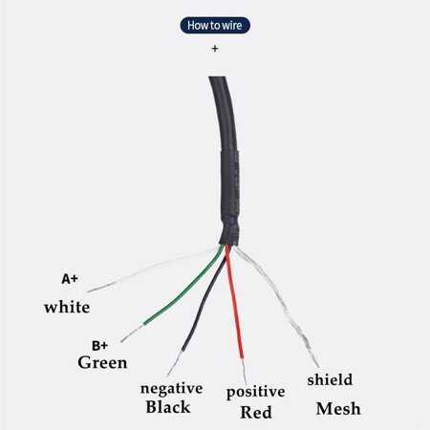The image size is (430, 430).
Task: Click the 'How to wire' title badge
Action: (x=215, y=25)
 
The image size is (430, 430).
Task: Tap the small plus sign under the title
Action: (x=215, y=49)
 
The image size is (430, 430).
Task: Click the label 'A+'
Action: (x=70, y=279)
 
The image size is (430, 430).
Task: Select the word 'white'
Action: (x=67, y=308)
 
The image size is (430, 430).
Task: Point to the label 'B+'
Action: (x=99, y=346)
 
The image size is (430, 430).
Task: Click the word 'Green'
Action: (x=102, y=362)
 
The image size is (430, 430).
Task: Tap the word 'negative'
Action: (x=172, y=389)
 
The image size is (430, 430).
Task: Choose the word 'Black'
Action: (x=168, y=407)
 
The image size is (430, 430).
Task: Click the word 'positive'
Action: (x=255, y=392)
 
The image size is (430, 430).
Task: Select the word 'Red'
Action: (x=256, y=413)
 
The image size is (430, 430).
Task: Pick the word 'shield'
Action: (x=330, y=379)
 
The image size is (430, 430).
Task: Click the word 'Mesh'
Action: (x=338, y=409)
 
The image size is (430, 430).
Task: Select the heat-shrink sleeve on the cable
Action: (x=230, y=198)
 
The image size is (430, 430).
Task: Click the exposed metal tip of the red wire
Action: (x=244, y=371)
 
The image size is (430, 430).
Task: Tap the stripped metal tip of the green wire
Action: (x=132, y=333)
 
